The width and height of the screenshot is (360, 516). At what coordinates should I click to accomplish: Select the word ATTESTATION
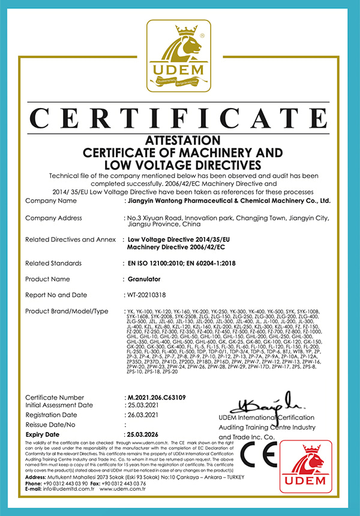click(179, 139)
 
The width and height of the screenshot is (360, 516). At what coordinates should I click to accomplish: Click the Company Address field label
click(53, 218)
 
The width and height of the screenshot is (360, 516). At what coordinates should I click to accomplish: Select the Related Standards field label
click(54, 263)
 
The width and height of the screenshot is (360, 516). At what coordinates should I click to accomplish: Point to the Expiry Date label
click(43, 433)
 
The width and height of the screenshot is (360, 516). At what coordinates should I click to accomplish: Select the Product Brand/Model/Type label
click(67, 311)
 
